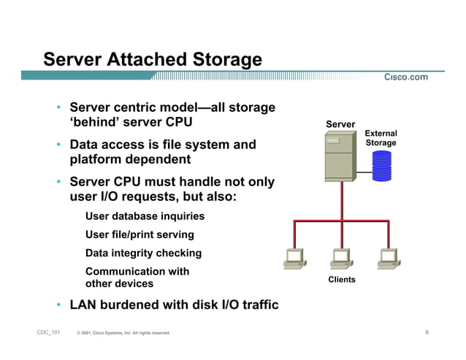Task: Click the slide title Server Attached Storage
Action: coord(152,58)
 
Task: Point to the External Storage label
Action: coord(381,138)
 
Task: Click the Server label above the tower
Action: coord(340,124)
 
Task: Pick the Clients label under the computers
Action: coord(342,280)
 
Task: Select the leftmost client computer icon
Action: coord(294,258)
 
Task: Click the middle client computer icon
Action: coord(341,258)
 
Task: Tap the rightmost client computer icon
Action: coord(387,258)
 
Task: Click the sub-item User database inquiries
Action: coord(145,216)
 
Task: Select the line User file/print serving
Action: coord(140,234)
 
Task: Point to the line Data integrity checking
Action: coord(143,253)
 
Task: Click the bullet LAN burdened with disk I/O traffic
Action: coord(174,305)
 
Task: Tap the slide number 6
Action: coord(427,333)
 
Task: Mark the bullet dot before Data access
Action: coord(58,145)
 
